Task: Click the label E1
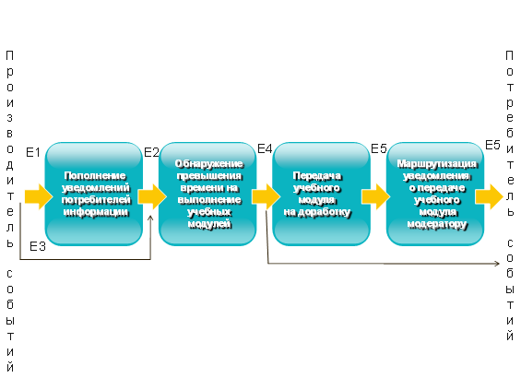click(33, 152)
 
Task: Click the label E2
click(151, 152)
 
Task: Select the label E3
click(38, 246)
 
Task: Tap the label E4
click(265, 148)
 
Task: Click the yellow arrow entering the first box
click(39, 196)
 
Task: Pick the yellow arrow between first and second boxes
click(152, 196)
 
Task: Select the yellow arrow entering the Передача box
click(266, 196)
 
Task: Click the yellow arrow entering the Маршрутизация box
click(376, 196)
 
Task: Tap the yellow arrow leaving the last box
click(490, 196)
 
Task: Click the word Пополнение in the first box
click(95, 176)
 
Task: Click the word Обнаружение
click(209, 164)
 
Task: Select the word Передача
click(317, 176)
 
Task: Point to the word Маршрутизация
click(437, 164)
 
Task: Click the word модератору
click(437, 224)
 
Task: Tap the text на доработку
click(317, 212)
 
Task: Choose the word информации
click(96, 212)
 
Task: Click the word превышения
click(209, 176)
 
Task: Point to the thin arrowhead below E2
click(150, 218)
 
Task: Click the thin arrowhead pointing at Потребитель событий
click(497, 264)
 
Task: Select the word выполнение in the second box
click(209, 200)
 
